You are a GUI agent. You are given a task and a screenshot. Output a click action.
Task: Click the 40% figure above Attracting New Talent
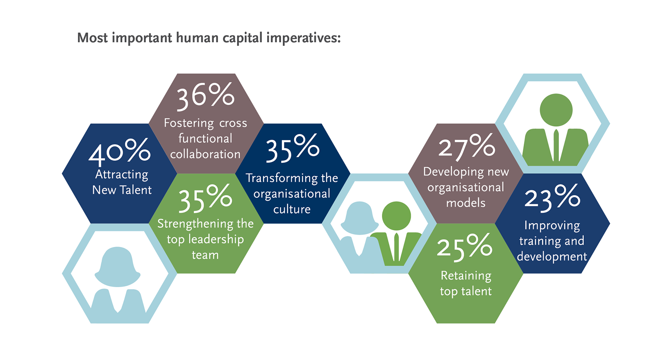tap(119, 152)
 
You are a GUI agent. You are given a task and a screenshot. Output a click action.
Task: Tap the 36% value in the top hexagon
tap(205, 96)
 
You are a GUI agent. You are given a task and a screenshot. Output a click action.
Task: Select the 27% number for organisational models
tap(466, 147)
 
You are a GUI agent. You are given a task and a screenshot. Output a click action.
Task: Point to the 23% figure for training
tap(552, 198)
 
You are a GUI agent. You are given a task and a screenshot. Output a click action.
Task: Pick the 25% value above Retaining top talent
tap(465, 248)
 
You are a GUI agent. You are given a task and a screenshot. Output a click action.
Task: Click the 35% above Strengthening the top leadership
tap(205, 198)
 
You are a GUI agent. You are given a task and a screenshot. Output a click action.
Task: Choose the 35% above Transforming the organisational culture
tap(293, 148)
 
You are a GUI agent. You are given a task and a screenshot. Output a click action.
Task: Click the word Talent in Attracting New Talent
tap(136, 190)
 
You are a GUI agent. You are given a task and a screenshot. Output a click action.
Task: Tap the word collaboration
tap(205, 154)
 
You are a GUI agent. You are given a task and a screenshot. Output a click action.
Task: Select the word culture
tap(292, 209)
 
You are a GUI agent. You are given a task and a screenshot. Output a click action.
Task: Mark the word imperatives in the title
tap(303, 38)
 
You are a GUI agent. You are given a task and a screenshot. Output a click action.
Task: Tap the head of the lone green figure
tap(556, 110)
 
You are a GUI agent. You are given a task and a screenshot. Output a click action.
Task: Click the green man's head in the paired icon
tap(396, 216)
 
